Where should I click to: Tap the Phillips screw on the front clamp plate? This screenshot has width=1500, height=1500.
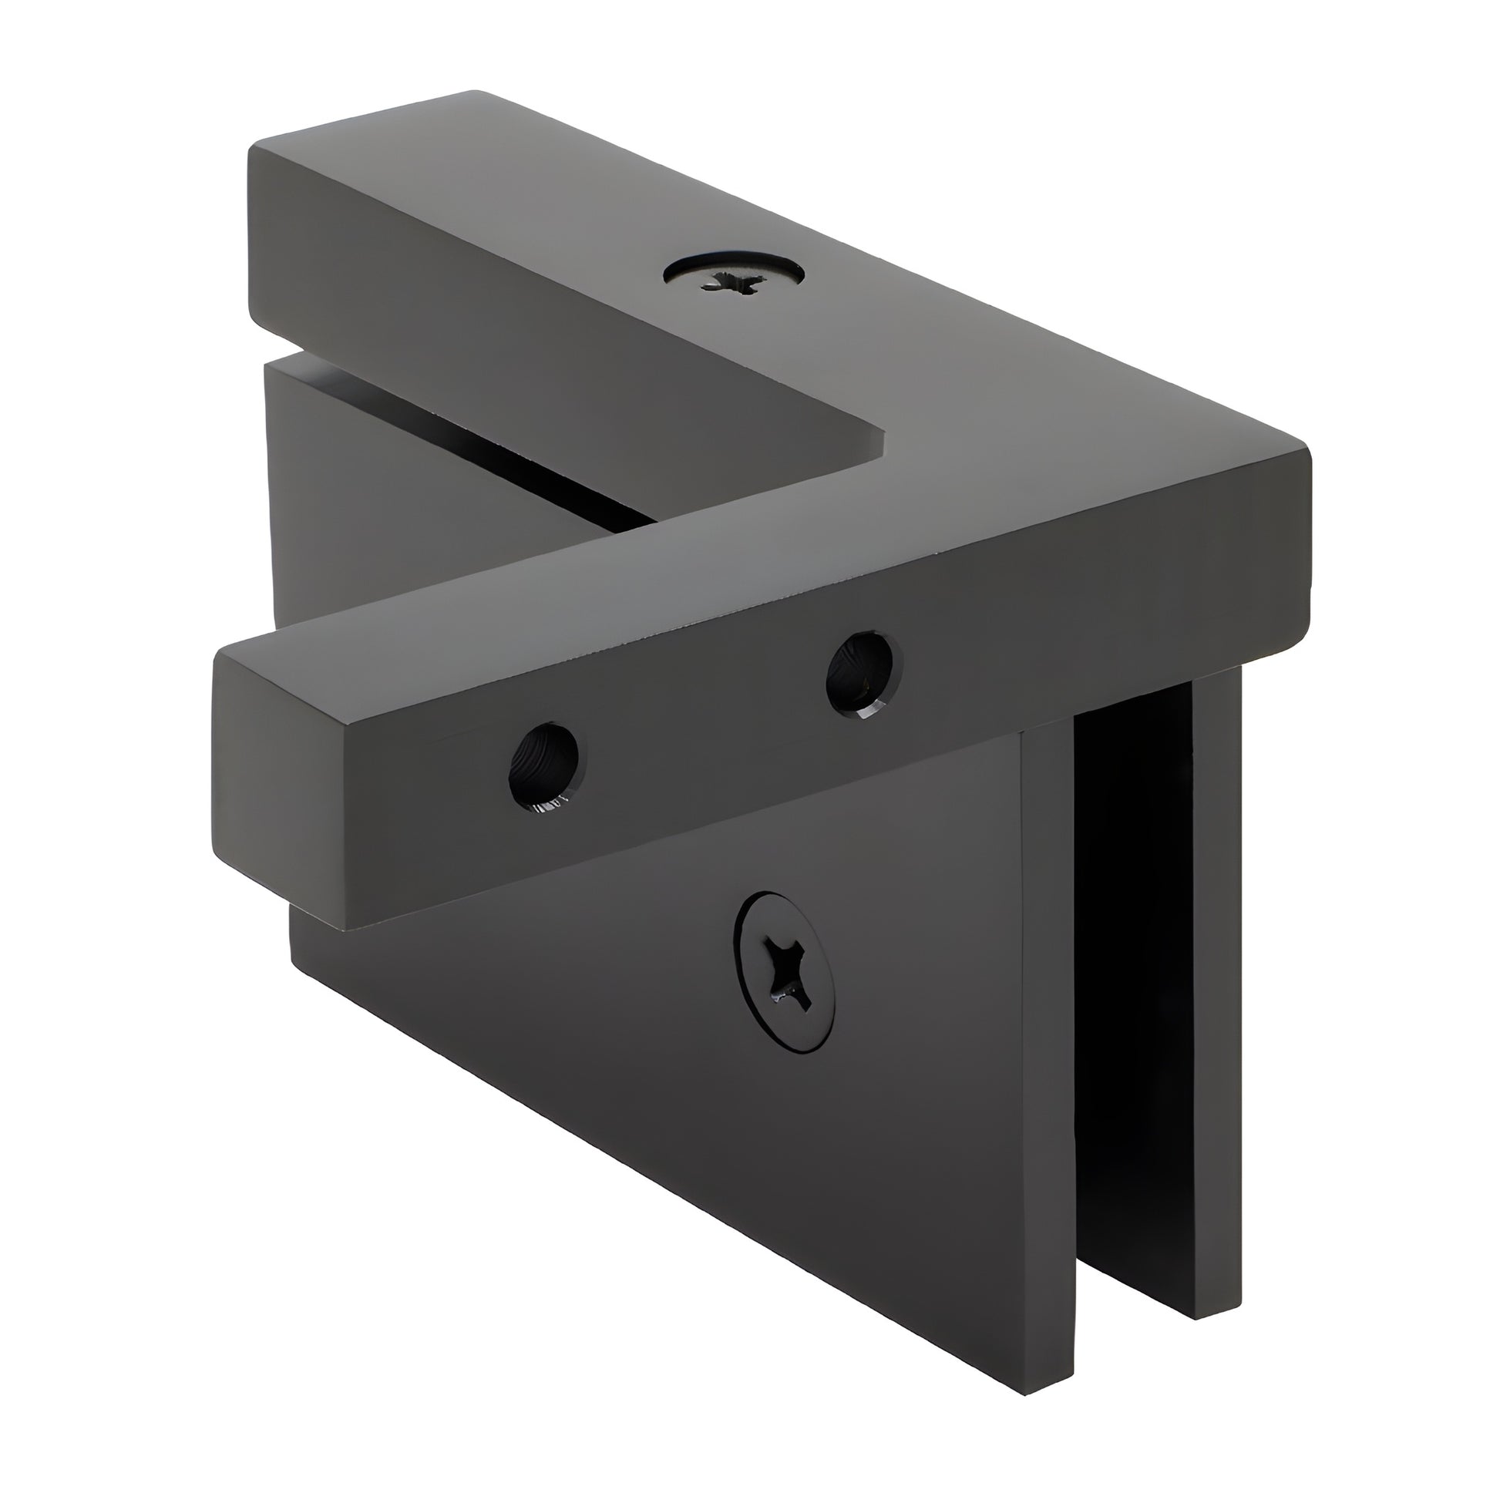click(785, 972)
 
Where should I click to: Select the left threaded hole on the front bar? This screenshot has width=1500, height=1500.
click(544, 765)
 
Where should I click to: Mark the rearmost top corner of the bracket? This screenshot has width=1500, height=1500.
click(475, 93)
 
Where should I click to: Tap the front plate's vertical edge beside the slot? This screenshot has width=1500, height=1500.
click(1048, 1009)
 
